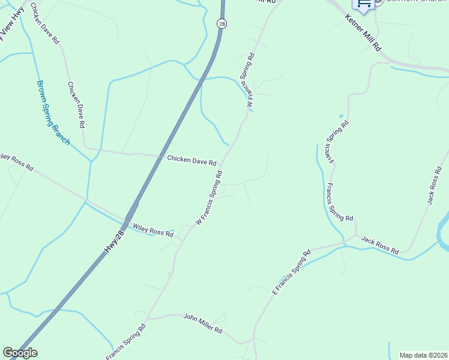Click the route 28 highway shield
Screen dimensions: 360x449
[x=221, y=23]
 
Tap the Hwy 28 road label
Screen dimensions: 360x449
[x=115, y=241]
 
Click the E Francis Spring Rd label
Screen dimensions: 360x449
[x=292, y=271]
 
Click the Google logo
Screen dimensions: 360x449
[x=20, y=353]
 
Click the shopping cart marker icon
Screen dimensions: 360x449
[x=363, y=3]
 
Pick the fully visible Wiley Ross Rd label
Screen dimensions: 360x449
[x=152, y=230]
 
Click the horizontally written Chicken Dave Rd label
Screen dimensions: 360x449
[x=191, y=160]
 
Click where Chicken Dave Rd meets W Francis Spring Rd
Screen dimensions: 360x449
[x=223, y=164]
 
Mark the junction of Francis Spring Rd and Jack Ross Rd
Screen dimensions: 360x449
[x=357, y=236]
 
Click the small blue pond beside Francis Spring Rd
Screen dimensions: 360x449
[x=341, y=116]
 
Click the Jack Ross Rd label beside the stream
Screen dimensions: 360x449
[x=379, y=245]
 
